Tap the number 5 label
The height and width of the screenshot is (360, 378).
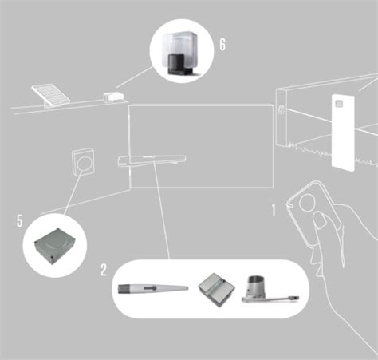(x=19, y=219)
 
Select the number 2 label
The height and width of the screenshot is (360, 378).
(x=103, y=269)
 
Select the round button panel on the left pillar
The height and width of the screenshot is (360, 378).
(x=82, y=163)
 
